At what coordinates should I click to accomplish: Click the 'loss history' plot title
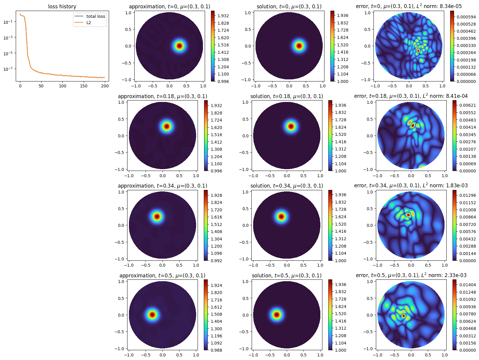tap(62, 7)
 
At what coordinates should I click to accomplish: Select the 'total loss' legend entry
tap(95, 16)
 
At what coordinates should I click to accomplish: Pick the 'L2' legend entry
tap(89, 23)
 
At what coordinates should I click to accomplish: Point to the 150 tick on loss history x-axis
tap(84, 86)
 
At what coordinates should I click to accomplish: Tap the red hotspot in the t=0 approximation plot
tap(179, 46)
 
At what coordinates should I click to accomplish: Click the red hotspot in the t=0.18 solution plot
tap(291, 126)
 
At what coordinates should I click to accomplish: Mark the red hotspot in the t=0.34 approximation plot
tap(157, 216)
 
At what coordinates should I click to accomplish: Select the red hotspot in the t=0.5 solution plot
tap(277, 315)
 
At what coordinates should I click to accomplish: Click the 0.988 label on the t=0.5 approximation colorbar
tap(216, 350)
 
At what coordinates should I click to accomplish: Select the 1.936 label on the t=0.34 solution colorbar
tap(341, 195)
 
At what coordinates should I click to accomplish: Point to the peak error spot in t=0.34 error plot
tap(409, 215)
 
